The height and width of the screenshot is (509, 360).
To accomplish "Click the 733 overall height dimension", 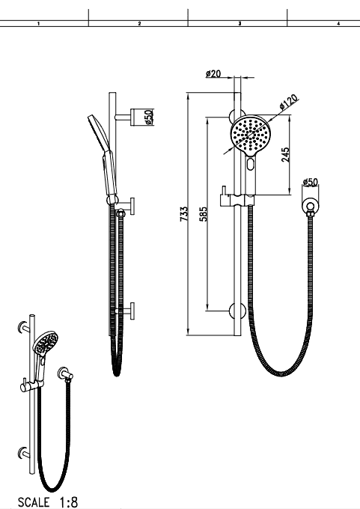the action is (184, 214).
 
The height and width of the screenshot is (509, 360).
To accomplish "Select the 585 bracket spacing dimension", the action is (204, 214).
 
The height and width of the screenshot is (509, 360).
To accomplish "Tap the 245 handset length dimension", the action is (285, 154).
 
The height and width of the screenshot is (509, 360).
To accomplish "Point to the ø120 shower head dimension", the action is (288, 102).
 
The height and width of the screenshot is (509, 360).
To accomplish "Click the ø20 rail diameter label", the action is (213, 73).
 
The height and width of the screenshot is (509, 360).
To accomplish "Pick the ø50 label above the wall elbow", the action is (311, 182).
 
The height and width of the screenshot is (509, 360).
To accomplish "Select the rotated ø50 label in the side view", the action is (148, 117).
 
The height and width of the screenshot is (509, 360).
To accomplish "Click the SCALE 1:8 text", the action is (48, 502).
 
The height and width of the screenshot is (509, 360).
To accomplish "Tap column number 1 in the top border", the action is (39, 23).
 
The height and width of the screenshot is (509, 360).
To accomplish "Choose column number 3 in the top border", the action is (240, 23).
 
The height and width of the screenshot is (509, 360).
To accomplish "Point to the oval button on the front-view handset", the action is (250, 164).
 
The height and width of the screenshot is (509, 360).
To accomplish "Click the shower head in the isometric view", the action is (46, 343).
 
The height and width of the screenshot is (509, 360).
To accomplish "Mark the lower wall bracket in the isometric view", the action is (23, 453).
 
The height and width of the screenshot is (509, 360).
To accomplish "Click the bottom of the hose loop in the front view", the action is (281, 374).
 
